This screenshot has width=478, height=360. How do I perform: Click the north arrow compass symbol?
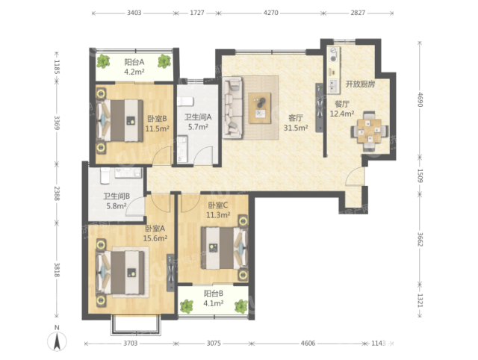tap(57, 341)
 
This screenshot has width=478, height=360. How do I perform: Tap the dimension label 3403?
tap(134, 13)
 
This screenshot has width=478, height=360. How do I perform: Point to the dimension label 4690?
tap(420, 99)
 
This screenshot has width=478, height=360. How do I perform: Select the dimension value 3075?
tap(214, 344)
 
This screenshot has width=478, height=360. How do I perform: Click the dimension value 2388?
tap(57, 193)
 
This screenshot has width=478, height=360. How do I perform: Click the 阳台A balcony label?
tap(134, 62)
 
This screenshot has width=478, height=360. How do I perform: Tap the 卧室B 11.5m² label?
tap(157, 123)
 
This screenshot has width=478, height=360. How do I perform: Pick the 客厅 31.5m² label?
tap(296, 122)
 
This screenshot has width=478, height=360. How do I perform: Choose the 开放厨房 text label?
tap(360, 84)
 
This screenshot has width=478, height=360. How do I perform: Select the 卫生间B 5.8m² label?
tap(117, 201)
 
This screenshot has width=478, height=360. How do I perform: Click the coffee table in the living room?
tap(260, 108)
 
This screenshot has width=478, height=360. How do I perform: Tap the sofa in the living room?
tap(232, 108)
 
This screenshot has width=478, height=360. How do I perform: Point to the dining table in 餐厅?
tap(369, 131)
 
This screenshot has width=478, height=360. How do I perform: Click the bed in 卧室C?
tap(224, 248)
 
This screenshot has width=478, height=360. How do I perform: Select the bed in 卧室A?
tap(119, 272)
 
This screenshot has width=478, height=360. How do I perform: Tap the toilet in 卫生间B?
tap(105, 176)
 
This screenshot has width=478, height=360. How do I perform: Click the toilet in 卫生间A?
tap(185, 102)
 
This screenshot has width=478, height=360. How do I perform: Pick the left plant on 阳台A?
tap(103, 60)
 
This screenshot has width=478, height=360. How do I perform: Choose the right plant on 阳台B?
tap(241, 306)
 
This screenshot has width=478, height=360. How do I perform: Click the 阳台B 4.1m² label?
tap(214, 299)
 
